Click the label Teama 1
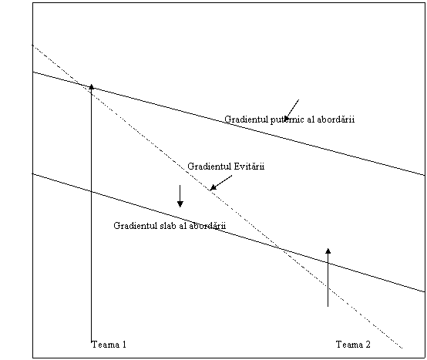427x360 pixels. (x=109, y=345)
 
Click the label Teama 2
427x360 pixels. (x=353, y=345)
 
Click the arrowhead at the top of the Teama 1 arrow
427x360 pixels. (x=92, y=87)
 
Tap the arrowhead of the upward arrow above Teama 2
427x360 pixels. (x=328, y=251)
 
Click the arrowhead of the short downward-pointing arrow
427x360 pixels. (x=180, y=204)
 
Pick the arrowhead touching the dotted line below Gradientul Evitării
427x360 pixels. (x=213, y=187)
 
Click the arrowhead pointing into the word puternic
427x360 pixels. (x=287, y=117)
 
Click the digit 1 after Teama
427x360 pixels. (x=124, y=345)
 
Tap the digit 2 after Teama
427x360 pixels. (x=368, y=345)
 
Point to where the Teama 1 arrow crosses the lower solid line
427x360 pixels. (x=92, y=191)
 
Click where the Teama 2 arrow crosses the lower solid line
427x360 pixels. (x=328, y=263)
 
